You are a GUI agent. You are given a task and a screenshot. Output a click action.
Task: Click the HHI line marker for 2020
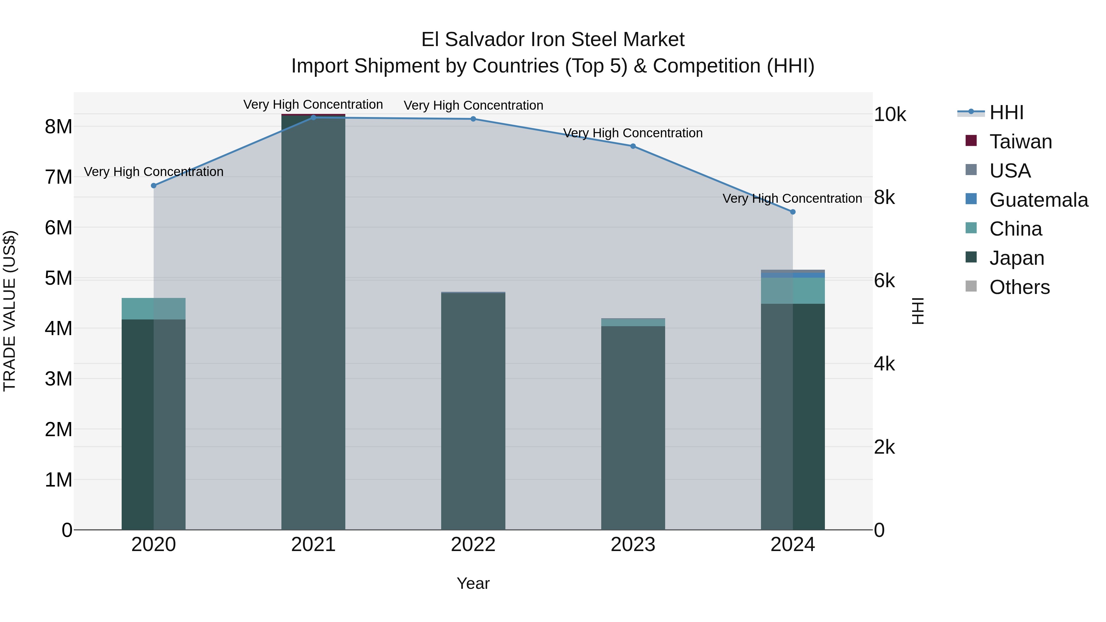pos(154,186)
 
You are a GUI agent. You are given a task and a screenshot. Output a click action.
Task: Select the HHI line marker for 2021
pos(313,118)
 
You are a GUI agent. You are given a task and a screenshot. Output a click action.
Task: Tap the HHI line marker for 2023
pos(633,146)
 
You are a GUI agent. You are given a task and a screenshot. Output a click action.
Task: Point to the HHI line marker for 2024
pos(793,212)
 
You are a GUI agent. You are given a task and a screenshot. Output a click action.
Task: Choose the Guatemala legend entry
pos(1026,200)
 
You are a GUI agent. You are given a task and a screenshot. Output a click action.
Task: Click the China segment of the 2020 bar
pos(154,309)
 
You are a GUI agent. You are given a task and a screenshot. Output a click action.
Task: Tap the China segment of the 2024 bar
pos(793,291)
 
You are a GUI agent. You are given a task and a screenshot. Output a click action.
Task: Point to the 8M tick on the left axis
pos(58,127)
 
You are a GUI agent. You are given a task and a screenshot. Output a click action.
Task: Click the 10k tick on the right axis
pos(890,115)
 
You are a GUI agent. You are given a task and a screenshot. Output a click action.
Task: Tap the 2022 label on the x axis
pos(473,545)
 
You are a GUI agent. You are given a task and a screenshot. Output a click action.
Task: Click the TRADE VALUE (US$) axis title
pos(10,311)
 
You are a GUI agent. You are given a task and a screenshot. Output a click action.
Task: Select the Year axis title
pos(473,583)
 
